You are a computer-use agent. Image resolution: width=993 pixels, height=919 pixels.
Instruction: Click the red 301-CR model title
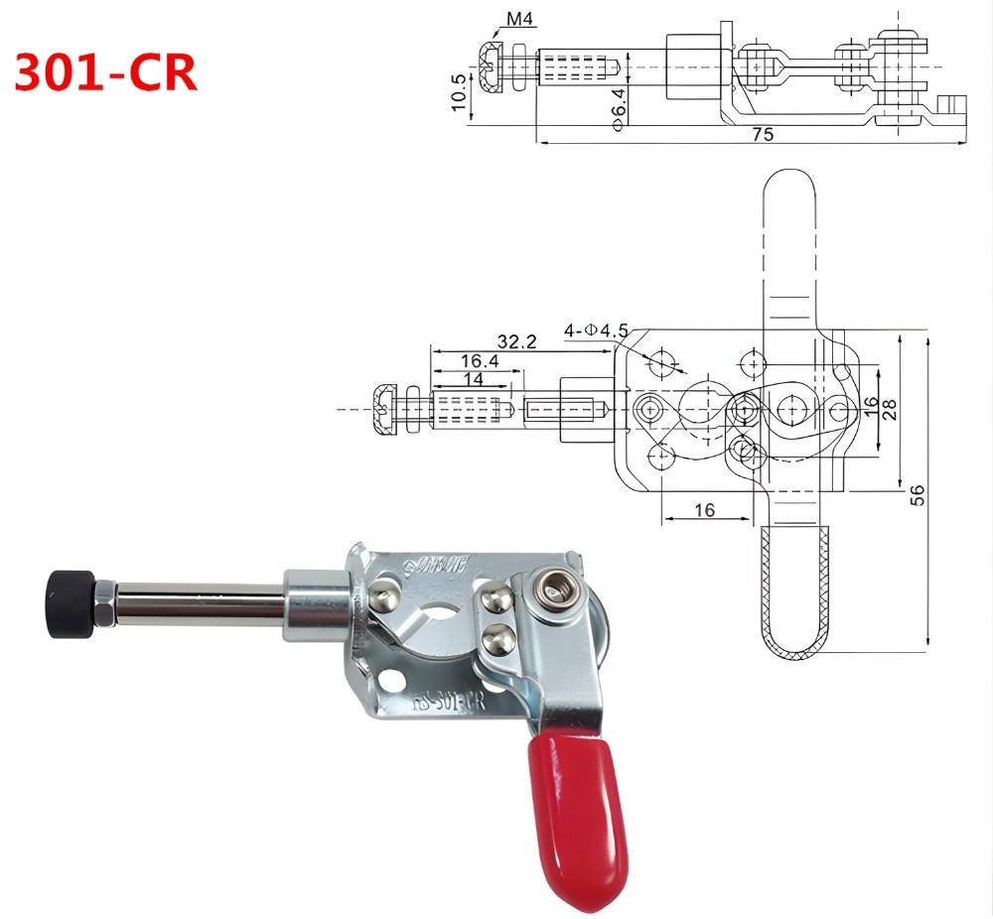(x=106, y=72)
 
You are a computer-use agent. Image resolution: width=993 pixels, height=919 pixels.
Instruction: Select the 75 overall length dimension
(x=762, y=132)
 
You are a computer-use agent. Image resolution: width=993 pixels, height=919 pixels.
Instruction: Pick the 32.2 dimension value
(x=516, y=341)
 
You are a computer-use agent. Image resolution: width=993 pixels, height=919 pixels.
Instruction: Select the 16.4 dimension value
(x=479, y=360)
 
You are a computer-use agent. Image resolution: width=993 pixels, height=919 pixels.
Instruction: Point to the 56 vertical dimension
(x=918, y=493)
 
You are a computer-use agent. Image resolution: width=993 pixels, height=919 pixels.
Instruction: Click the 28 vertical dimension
(x=890, y=409)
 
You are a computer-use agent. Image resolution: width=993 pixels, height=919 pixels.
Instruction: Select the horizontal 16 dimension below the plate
(x=704, y=509)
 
